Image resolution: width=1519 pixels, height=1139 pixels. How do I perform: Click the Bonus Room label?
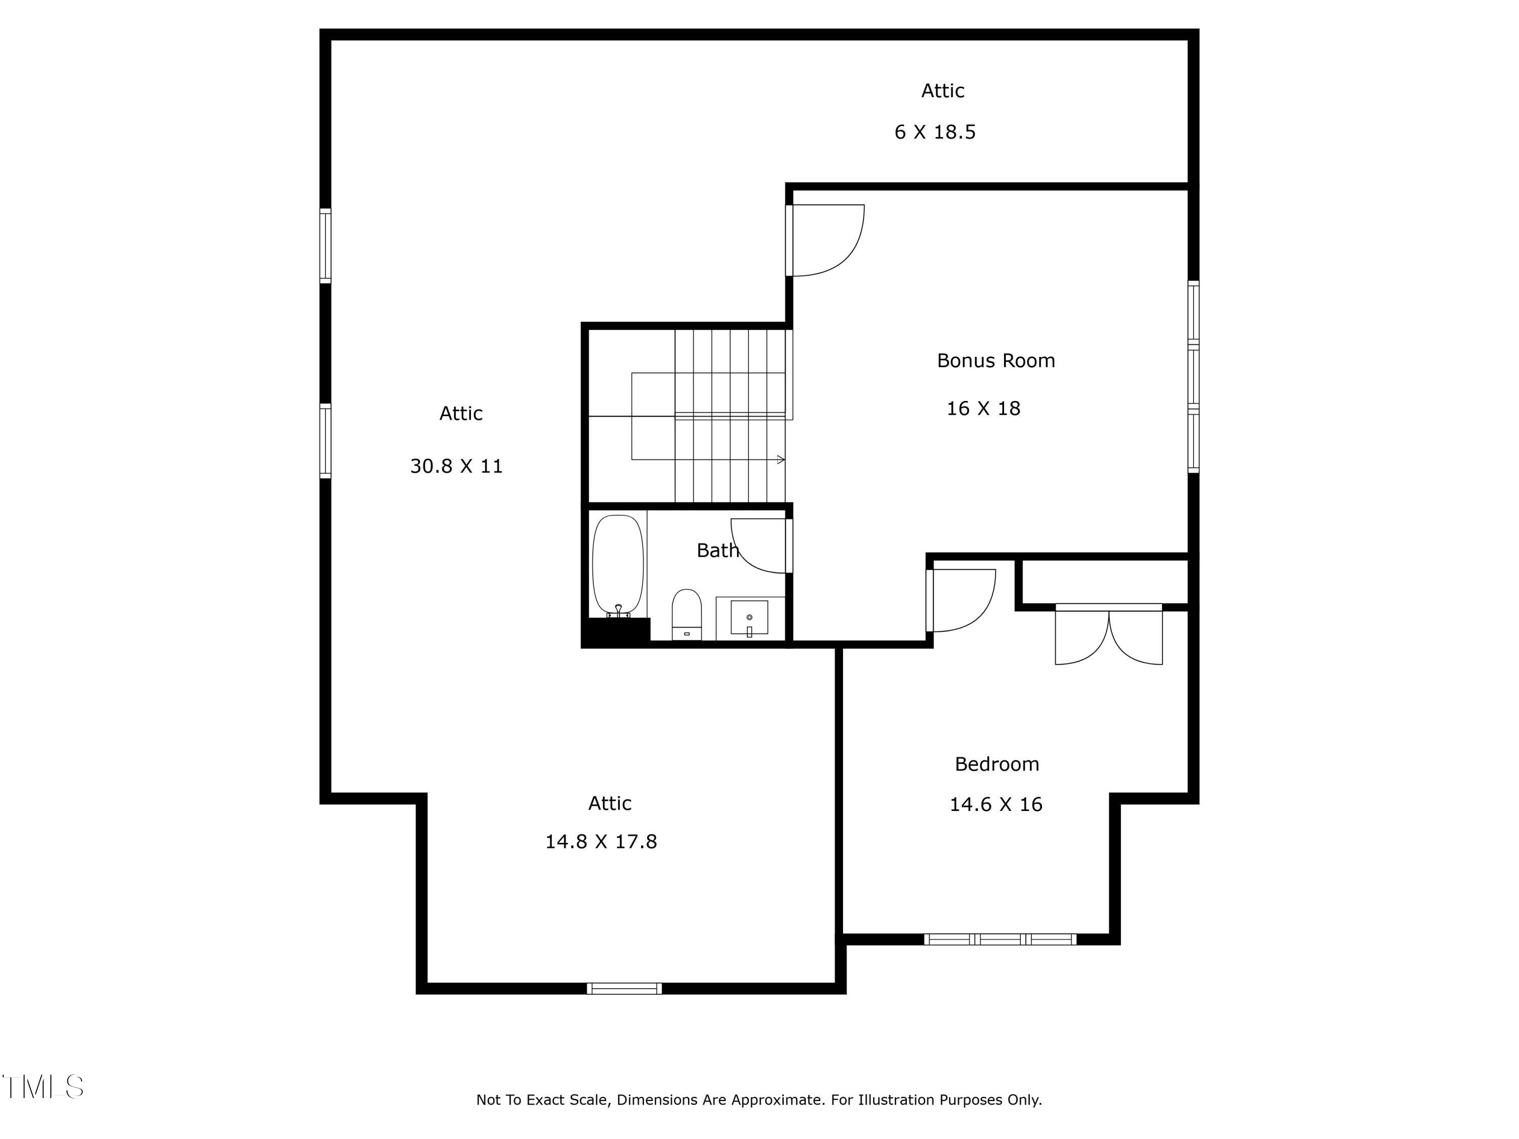click(996, 360)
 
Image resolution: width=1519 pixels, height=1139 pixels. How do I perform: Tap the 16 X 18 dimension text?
click(983, 409)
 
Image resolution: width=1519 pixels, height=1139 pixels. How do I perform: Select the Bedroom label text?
click(996, 764)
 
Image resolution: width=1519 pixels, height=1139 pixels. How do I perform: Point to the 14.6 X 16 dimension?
click(996, 804)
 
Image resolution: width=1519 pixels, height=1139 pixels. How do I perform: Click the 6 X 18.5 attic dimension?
click(935, 132)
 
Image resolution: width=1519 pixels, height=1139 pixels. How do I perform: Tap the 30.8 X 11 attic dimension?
click(456, 466)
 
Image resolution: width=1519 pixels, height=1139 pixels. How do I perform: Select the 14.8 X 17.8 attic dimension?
click(601, 842)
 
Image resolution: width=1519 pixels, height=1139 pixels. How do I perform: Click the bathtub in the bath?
click(618, 564)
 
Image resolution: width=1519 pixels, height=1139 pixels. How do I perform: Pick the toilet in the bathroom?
click(686, 613)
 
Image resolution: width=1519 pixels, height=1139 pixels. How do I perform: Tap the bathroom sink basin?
click(749, 616)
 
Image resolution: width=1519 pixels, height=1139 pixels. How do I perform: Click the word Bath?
click(717, 550)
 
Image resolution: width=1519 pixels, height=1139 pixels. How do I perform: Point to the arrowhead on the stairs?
click(781, 459)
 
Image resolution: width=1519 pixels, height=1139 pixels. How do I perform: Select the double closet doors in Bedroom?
click(1108, 637)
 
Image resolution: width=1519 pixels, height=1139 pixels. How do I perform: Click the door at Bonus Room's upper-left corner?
click(826, 240)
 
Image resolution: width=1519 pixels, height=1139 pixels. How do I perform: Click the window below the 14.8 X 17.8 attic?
click(624, 988)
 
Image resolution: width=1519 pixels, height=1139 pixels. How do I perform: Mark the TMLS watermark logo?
click(43, 1087)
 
